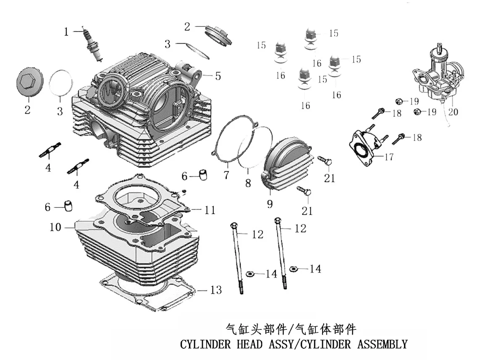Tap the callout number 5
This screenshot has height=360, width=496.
click(x=218, y=76)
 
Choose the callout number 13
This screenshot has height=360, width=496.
click(x=216, y=290)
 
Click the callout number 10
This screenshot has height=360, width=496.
click(x=55, y=227)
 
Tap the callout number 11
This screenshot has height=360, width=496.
click(x=210, y=210)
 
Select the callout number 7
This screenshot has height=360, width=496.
click(x=226, y=175)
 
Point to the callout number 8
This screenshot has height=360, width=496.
click(x=248, y=183)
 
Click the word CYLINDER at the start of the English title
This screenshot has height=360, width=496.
click(x=206, y=344)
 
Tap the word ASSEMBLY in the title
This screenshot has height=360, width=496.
click(x=383, y=344)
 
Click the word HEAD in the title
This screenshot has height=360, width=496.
click(x=249, y=344)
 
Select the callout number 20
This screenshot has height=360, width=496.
click(x=453, y=112)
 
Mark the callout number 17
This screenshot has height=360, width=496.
click(x=389, y=157)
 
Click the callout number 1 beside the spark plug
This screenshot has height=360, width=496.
click(x=66, y=31)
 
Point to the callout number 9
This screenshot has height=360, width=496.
click(x=270, y=204)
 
